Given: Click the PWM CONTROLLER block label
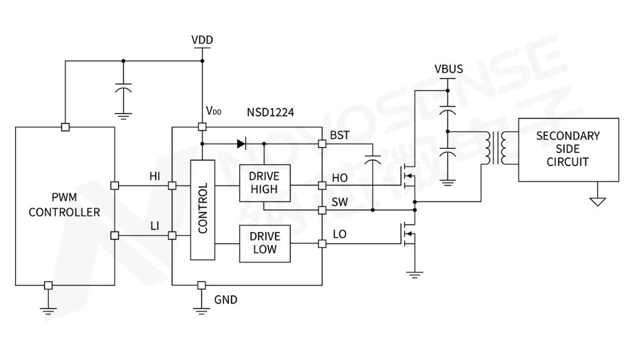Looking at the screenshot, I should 64,205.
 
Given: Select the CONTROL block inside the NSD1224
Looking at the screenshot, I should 203,208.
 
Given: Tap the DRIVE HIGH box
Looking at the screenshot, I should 264,183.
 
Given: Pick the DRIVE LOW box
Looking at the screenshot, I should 264,244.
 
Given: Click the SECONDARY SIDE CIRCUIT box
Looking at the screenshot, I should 568,149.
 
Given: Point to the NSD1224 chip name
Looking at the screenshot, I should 270,112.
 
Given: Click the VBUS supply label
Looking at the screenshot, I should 448,68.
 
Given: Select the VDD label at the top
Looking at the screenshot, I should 202,40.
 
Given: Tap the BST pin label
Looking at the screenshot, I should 339,135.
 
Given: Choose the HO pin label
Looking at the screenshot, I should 339,178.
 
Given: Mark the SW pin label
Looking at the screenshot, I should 339,202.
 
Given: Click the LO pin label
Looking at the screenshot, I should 339,234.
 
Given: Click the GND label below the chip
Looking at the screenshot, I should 226,300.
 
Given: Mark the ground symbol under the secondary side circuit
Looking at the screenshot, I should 597,201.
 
